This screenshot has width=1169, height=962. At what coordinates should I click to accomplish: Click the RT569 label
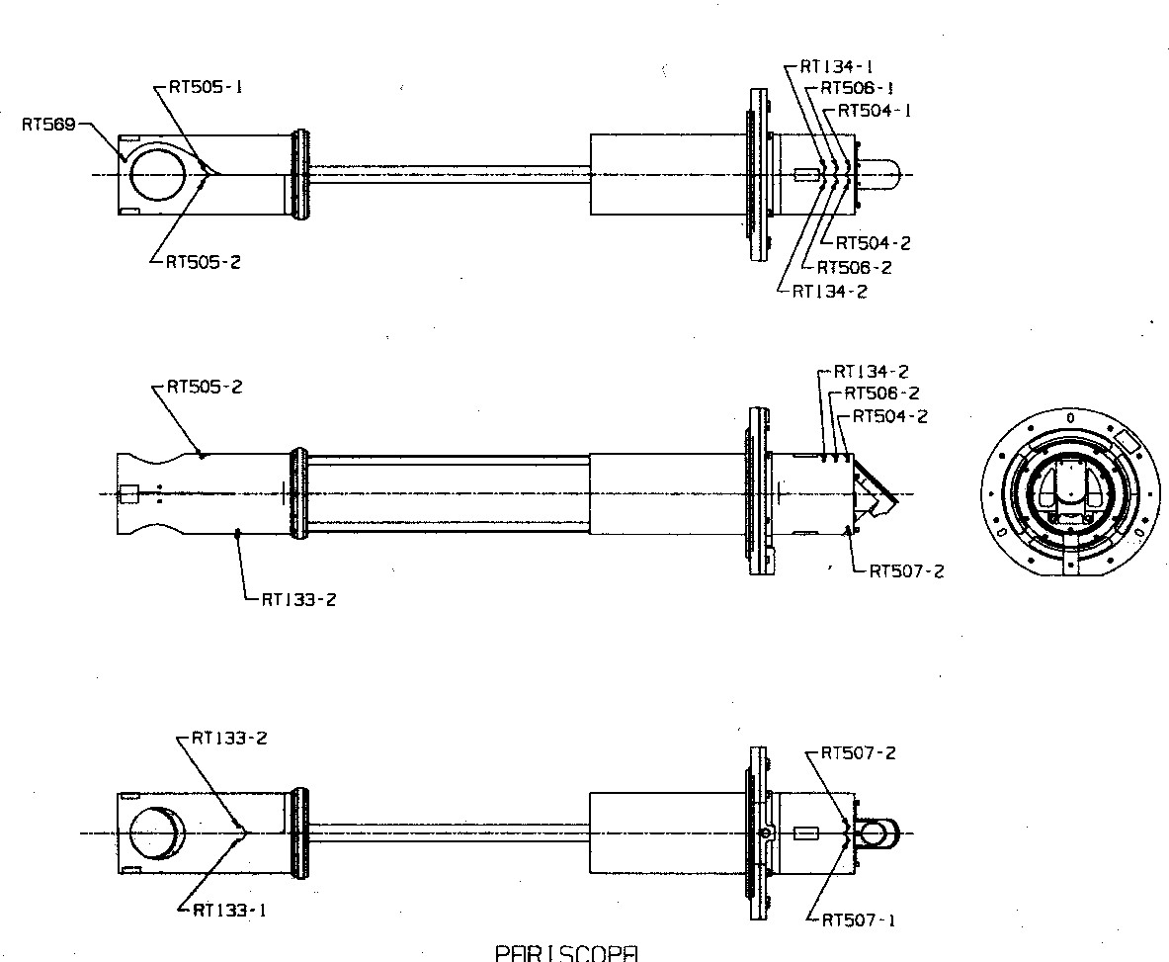(x=48, y=126)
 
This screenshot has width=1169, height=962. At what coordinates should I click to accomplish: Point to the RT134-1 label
(x=836, y=67)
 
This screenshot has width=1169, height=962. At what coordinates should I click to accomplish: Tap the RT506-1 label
(x=857, y=89)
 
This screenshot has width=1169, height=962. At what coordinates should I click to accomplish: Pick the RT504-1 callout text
(x=874, y=111)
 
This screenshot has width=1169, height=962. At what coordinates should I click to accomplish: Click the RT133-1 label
(x=229, y=911)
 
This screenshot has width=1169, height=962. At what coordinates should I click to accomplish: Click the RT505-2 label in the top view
(x=205, y=262)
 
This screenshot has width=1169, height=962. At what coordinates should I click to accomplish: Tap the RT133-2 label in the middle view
(x=298, y=599)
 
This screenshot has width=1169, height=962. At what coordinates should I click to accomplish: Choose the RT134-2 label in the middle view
(x=871, y=372)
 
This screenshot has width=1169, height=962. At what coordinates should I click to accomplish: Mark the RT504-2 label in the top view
(x=874, y=243)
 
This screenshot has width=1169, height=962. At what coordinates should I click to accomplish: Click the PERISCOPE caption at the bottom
(x=566, y=953)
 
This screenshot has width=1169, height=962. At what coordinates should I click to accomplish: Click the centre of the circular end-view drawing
(x=1070, y=493)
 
